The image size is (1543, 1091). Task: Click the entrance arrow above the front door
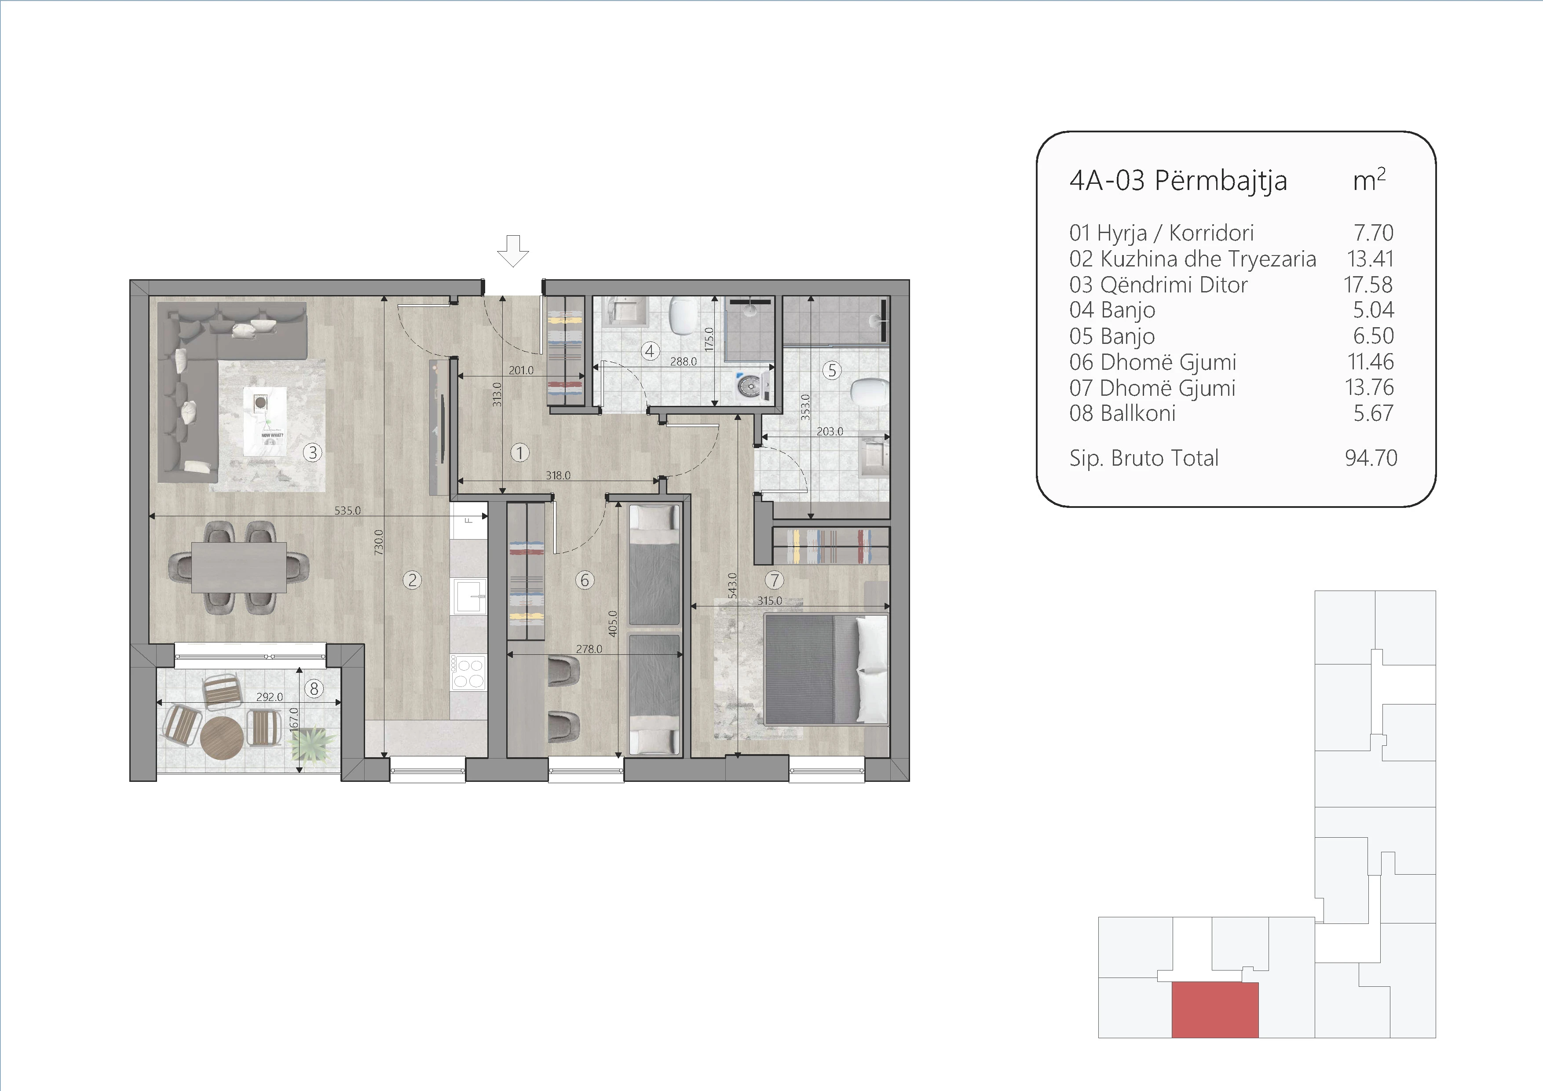pyautogui.click(x=513, y=251)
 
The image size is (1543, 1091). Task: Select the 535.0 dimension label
pyautogui.click(x=347, y=511)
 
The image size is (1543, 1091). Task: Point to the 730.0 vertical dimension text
pyautogui.click(x=378, y=541)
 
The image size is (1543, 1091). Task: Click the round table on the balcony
pyautogui.click(x=222, y=737)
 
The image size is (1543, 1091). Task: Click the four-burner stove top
pyautogui.click(x=468, y=672)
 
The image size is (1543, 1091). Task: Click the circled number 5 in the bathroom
pyautogui.click(x=832, y=370)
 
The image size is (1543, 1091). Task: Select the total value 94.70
pyautogui.click(x=1371, y=458)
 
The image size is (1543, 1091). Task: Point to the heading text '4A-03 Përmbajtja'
pyautogui.click(x=1178, y=181)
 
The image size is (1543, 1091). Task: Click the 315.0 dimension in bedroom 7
pyautogui.click(x=769, y=601)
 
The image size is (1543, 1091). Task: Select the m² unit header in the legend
pyautogui.click(x=1369, y=179)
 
